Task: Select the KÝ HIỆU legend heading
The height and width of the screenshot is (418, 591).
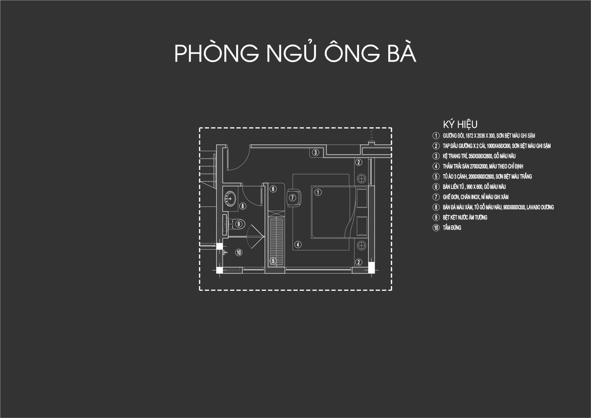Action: tap(460, 124)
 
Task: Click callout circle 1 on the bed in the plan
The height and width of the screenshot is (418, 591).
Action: tap(318, 192)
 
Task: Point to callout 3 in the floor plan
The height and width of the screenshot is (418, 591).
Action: tap(316, 152)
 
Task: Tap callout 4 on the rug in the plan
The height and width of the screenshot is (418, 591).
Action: tap(298, 245)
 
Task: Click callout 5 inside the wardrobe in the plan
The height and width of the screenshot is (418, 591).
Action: tap(273, 261)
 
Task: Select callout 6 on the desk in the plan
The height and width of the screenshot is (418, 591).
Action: tap(273, 189)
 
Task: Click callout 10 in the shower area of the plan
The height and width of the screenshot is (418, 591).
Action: tap(239, 253)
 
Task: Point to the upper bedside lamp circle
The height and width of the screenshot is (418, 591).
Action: tap(361, 178)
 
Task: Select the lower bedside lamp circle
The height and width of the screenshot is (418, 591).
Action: tap(361, 246)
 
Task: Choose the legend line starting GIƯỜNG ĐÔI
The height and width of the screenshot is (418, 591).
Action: tap(489, 136)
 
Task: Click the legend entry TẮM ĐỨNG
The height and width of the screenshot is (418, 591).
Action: tap(452, 228)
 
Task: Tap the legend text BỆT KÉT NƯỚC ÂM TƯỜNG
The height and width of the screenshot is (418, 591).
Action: tap(465, 217)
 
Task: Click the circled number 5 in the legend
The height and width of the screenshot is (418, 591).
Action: tap(436, 177)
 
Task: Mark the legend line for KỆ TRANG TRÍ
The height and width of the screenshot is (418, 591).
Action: tap(479, 156)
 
